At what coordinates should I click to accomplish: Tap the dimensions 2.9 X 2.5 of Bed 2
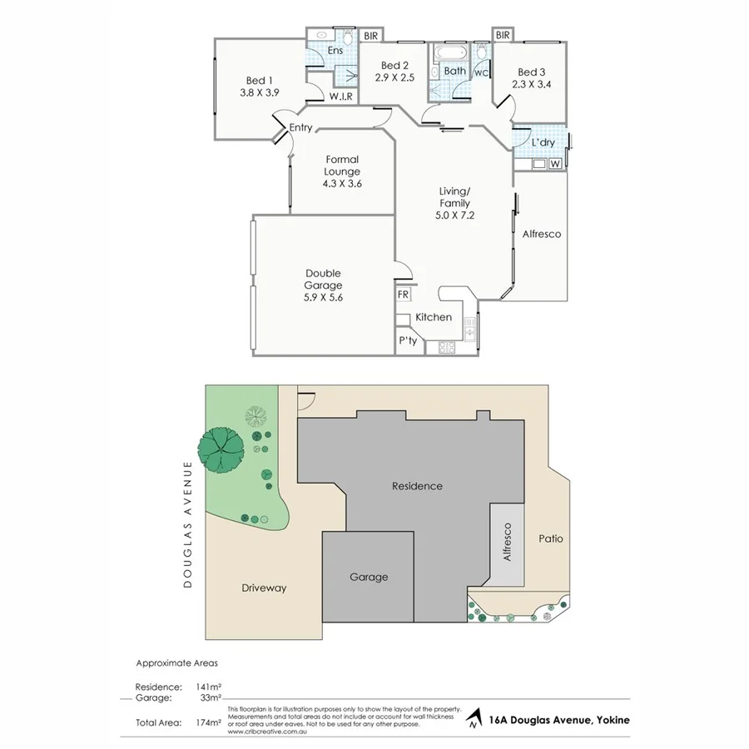pyautogui.click(x=394, y=78)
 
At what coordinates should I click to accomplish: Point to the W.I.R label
pyautogui.click(x=340, y=97)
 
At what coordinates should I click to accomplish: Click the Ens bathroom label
pyautogui.click(x=335, y=51)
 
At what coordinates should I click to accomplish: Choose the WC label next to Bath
pyautogui.click(x=481, y=72)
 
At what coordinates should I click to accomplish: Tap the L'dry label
pyautogui.click(x=543, y=143)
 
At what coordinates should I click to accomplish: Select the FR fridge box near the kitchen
pyautogui.click(x=403, y=295)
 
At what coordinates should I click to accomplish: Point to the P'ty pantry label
pyautogui.click(x=408, y=341)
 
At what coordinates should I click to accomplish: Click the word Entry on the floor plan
pyautogui.click(x=300, y=127)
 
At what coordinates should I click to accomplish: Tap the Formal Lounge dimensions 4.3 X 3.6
pyautogui.click(x=342, y=184)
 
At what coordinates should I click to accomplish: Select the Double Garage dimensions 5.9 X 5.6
pyautogui.click(x=323, y=297)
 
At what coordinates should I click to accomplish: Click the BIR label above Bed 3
pyautogui.click(x=502, y=36)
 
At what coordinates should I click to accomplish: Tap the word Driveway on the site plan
pyautogui.click(x=264, y=588)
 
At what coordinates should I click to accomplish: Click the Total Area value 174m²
pyautogui.click(x=208, y=722)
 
